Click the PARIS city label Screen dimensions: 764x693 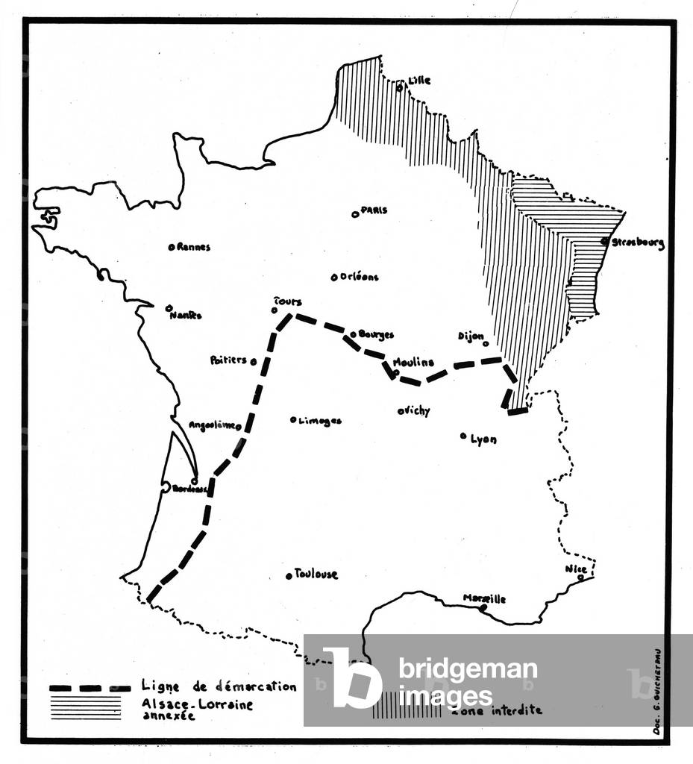tap(374, 210)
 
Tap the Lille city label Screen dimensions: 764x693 tap(419, 81)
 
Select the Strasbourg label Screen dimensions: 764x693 tap(638, 242)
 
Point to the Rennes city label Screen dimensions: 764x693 tap(194, 247)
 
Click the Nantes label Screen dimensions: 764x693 tap(186, 315)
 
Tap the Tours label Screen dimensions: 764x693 tap(288, 301)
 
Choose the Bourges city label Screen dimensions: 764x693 tap(376, 335)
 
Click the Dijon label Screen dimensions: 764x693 tap(471, 336)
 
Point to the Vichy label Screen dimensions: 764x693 tap(417, 410)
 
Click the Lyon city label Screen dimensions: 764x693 tap(483, 439)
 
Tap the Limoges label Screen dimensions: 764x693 tap(320, 421)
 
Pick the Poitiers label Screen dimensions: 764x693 tap(228, 360)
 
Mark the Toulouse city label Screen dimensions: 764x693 tap(316, 574)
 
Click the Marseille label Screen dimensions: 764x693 tap(484, 598)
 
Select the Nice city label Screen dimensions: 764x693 tap(576, 569)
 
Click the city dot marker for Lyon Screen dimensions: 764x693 tap(463, 436)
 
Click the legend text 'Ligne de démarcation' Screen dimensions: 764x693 tap(219, 686)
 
